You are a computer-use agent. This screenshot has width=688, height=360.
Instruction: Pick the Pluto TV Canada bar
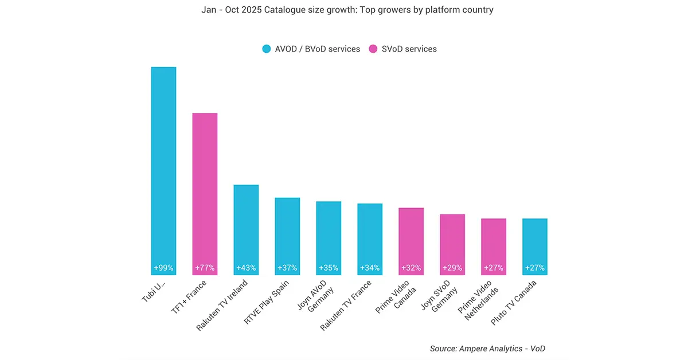534,244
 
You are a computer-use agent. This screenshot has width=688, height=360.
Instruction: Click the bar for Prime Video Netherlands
493,244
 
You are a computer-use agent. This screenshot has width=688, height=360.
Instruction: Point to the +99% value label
163,268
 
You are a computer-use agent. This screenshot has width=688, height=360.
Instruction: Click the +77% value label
205,268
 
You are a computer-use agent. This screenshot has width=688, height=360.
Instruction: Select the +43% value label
246,268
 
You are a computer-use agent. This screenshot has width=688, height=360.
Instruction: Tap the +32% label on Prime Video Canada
411,268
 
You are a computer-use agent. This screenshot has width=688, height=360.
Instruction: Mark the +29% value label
452,268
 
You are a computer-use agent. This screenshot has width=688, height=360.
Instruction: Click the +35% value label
329,268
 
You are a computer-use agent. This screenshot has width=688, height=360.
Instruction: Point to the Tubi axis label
154,291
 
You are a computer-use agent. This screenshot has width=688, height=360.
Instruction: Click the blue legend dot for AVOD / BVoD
266,49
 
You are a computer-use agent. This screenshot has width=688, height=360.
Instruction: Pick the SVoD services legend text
409,49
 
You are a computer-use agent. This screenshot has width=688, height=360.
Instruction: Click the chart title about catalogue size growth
344,10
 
